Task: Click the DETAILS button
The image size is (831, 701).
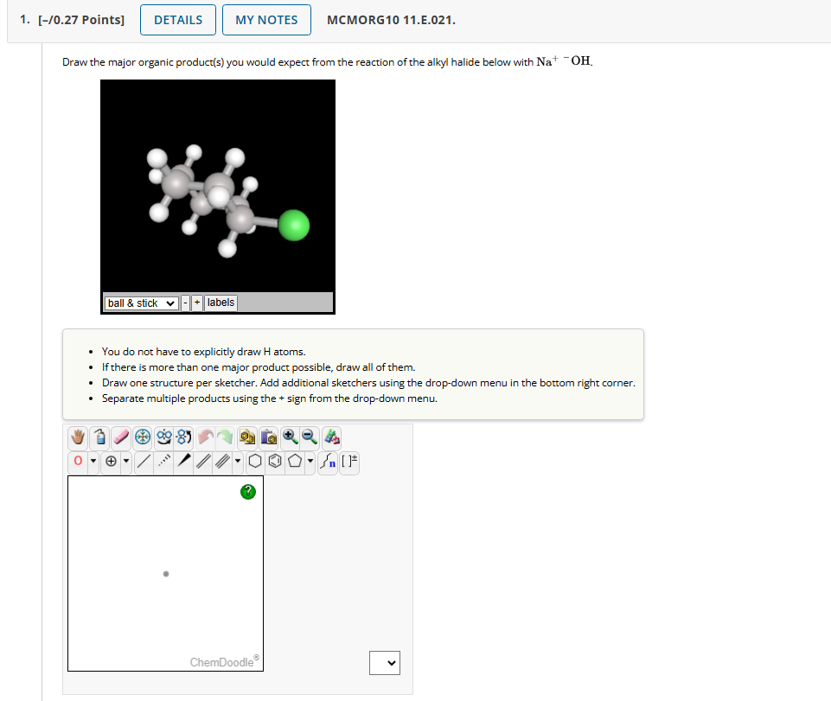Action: [x=178, y=20]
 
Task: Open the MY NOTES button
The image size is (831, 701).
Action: [x=266, y=20]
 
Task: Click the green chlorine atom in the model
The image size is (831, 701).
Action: [x=295, y=226]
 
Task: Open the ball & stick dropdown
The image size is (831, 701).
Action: [x=142, y=303]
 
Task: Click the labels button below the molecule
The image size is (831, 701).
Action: [x=221, y=303]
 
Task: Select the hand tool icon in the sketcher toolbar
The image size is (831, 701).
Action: [x=79, y=438]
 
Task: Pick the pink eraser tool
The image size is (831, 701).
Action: [x=120, y=438]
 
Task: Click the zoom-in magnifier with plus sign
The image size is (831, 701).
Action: [x=290, y=438]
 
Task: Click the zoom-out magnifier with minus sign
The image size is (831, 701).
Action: [x=309, y=438]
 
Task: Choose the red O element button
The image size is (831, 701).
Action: [x=79, y=461]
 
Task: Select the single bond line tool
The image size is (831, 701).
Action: [x=144, y=461]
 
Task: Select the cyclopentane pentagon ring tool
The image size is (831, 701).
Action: [x=295, y=461]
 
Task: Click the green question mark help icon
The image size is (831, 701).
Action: [x=248, y=491]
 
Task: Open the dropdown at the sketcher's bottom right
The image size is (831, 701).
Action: [x=385, y=663]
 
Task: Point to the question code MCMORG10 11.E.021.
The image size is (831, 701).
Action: [x=391, y=20]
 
